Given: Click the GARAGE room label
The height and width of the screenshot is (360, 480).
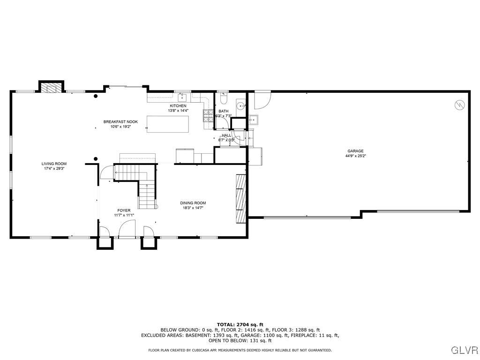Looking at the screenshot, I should pyautogui.click(x=355, y=151).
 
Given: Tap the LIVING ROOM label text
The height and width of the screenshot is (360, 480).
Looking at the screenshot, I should pyautogui.click(x=54, y=164).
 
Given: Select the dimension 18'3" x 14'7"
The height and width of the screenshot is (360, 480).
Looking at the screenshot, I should pyautogui.click(x=193, y=208).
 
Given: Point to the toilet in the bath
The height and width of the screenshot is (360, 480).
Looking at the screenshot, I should pyautogui.click(x=223, y=99).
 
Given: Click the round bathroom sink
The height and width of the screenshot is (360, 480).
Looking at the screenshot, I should pyautogui.click(x=240, y=105).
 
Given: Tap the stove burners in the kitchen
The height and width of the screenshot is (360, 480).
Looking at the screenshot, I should pyautogui.click(x=206, y=117).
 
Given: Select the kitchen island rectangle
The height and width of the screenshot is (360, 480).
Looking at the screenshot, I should pyautogui.click(x=168, y=124).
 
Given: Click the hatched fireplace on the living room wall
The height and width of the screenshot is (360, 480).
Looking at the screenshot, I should pyautogui.click(x=51, y=87).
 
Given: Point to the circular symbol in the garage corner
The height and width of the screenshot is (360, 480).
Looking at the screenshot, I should pyautogui.click(x=460, y=105).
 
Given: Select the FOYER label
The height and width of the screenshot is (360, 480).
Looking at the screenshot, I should pyautogui.click(x=124, y=210).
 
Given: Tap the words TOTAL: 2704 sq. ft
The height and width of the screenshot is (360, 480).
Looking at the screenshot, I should pyautogui.click(x=240, y=324).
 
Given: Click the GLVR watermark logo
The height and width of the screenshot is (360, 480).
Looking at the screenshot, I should pyautogui.click(x=464, y=350).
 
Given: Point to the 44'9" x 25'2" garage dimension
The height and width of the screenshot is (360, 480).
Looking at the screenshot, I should pyautogui.click(x=355, y=156).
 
